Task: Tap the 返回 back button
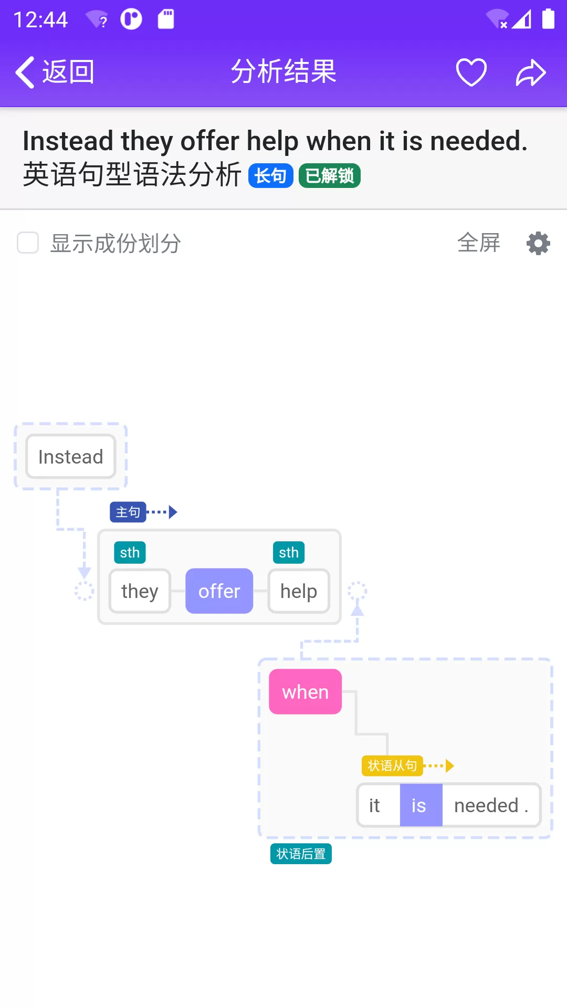click(x=55, y=72)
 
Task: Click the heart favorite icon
click(x=471, y=72)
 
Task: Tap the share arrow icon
click(x=531, y=72)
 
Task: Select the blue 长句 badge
click(x=270, y=175)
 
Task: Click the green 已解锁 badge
click(x=330, y=175)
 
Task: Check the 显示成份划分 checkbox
click(x=28, y=243)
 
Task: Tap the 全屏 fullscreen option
click(x=479, y=243)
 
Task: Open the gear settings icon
click(x=538, y=244)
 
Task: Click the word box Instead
click(x=71, y=457)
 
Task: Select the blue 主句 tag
click(x=128, y=512)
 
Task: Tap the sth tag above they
click(x=130, y=552)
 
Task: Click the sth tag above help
click(x=289, y=552)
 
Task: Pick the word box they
click(x=140, y=591)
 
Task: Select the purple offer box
click(x=219, y=591)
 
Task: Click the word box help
click(x=299, y=591)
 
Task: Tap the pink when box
click(x=306, y=692)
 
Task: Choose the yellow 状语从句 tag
click(x=392, y=766)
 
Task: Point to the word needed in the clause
click(x=487, y=805)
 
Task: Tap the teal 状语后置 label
click(x=301, y=854)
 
